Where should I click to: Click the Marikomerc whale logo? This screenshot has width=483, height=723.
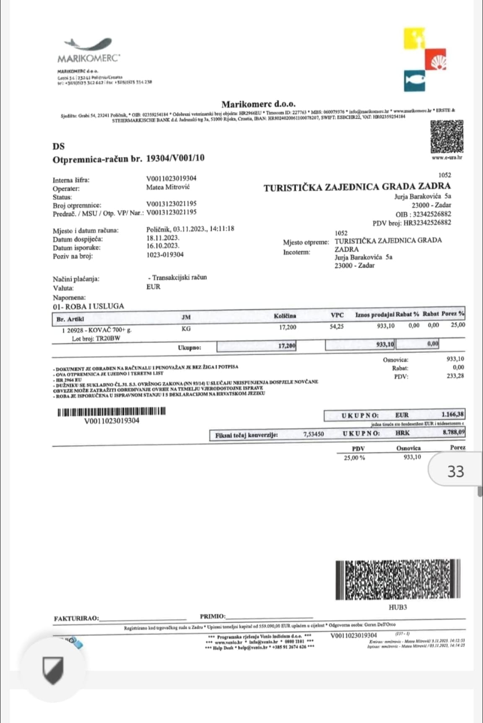coord(88,44)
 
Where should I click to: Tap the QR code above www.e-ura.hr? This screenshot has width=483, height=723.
coord(447,137)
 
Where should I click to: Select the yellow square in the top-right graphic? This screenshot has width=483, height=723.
coord(414,39)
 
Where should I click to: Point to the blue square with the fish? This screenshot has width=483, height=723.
coord(415,81)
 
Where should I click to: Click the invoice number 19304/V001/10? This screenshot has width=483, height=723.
coord(175,158)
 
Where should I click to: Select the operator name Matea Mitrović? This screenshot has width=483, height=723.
coord(168,187)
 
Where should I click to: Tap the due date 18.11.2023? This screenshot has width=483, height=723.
coord(163,237)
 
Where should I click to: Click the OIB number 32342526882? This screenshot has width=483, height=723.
coord(432,214)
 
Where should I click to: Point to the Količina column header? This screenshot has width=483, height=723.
coord(285,316)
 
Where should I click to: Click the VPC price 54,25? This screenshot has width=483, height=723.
coord(337,326)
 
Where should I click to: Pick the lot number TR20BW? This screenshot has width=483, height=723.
coord(108,338)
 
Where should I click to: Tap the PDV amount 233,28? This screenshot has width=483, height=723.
coord(455,376)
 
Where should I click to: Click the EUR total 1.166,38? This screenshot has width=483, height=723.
coord(452,414)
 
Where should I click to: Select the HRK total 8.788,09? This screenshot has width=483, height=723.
coord(454,432)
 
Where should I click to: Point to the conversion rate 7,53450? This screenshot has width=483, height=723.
coord(314,434)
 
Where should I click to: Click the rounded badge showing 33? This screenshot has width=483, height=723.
coord(455,471)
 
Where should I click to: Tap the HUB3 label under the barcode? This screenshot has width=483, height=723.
coord(398,607)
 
